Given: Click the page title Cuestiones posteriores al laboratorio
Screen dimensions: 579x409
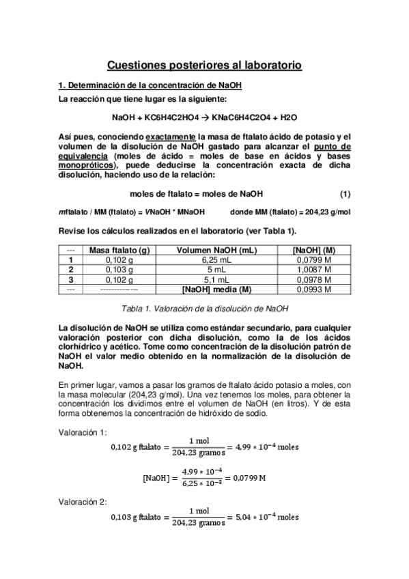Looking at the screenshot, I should click(x=204, y=66).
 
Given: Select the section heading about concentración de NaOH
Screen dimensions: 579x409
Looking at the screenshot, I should click(x=150, y=86).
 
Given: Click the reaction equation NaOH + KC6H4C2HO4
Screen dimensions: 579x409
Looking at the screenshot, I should click(x=204, y=117).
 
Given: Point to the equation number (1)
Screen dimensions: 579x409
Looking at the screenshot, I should click(x=345, y=194).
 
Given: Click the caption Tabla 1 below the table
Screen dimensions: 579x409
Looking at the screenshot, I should click(x=204, y=308).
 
